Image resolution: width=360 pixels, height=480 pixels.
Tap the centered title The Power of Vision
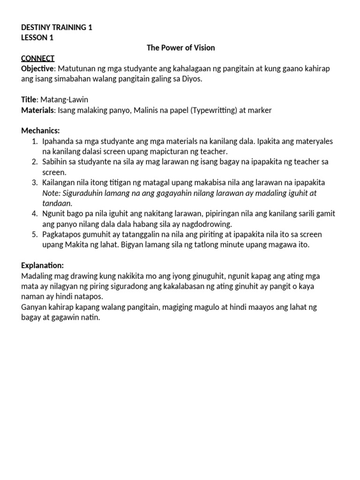click(180, 48)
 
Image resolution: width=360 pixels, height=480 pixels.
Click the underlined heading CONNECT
click(38, 58)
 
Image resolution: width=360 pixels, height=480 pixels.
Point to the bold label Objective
click(38, 68)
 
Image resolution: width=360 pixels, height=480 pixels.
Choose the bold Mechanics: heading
click(41, 130)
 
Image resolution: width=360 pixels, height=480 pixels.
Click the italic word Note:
click(52, 193)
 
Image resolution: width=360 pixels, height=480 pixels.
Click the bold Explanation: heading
click(43, 265)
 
